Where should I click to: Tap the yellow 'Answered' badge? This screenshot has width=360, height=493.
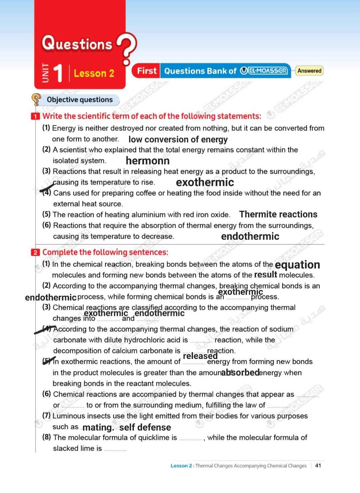(309, 71)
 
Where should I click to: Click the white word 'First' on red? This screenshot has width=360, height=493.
(147, 71)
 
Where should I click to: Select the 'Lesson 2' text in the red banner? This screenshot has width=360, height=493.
(94, 73)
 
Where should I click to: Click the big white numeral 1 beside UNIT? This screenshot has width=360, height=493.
(58, 73)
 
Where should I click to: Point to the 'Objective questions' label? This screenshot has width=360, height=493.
(80, 100)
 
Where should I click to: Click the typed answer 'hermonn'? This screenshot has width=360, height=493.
(148, 161)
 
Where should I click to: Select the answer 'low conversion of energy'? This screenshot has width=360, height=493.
(178, 139)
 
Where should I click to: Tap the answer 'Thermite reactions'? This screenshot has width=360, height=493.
(278, 214)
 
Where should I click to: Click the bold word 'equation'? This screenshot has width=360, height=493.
(297, 265)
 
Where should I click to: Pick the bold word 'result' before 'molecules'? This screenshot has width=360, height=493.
(265, 275)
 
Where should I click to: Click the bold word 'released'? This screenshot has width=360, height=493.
(200, 356)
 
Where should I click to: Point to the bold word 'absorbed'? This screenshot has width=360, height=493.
(240, 372)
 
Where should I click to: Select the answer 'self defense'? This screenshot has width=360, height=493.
(145, 427)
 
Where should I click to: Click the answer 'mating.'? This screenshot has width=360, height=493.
(98, 427)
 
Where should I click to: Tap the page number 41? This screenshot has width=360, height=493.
(318, 465)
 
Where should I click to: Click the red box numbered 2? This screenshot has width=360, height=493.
(35, 252)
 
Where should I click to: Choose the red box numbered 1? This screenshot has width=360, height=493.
(35, 116)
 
